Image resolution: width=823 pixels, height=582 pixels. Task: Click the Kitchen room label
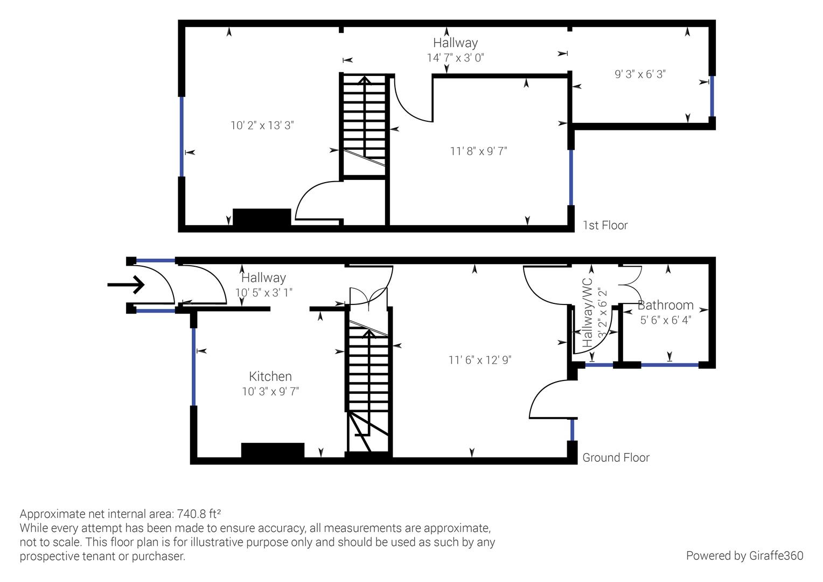tap(270, 377)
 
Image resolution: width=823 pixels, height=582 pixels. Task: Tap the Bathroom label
tap(665, 305)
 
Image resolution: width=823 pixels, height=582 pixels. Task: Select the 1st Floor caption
tap(605, 225)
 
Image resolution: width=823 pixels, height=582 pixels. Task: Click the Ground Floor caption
tap(616, 458)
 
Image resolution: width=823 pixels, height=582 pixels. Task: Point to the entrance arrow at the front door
tap(126, 285)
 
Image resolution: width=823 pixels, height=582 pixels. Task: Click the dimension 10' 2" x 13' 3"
tap(262, 126)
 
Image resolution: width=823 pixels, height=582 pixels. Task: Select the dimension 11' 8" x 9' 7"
tap(478, 151)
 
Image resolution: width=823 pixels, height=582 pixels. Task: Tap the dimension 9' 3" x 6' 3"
tap(640, 74)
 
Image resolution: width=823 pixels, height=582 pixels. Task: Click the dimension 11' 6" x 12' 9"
tap(479, 360)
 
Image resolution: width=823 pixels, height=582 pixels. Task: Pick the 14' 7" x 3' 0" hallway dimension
tap(455, 58)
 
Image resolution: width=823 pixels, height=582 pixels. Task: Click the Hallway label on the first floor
tap(455, 43)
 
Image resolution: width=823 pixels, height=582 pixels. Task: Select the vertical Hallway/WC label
tap(587, 313)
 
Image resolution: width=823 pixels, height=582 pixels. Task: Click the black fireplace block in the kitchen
tap(273, 451)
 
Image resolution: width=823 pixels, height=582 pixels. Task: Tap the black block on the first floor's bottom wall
tap(262, 217)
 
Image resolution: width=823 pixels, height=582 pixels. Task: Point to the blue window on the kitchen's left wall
tap(193, 366)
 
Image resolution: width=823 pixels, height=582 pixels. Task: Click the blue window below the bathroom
tap(669, 365)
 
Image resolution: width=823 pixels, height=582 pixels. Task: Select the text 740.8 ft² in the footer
tap(199, 513)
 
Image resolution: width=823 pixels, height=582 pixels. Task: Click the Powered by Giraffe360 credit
tap(744, 556)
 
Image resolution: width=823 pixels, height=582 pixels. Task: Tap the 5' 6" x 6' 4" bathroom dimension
tap(665, 320)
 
